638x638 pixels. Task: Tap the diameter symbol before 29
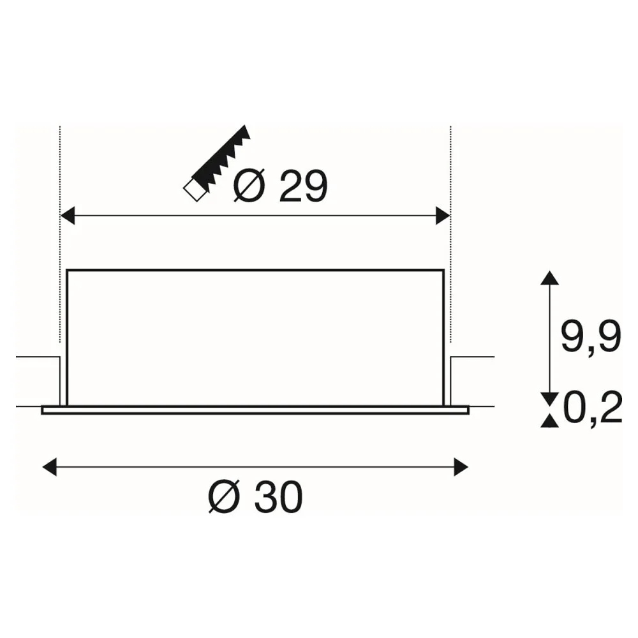[249, 186]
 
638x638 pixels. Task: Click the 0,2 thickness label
[593, 408]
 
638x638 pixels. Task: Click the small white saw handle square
[195, 190]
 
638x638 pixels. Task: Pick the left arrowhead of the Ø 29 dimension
[68, 215]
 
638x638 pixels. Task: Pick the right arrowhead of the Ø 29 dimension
[443, 215]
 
